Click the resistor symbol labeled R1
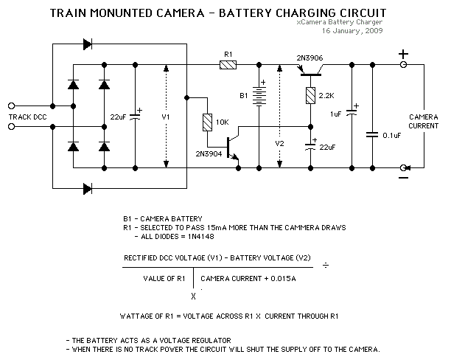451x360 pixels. point(228,65)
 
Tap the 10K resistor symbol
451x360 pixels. point(207,121)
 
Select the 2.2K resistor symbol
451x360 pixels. point(310,94)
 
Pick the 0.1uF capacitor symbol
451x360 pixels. point(374,134)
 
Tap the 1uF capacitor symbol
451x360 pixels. point(352,111)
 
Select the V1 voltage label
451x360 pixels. point(166,117)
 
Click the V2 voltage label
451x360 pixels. point(279,142)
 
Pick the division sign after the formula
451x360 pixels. point(346,265)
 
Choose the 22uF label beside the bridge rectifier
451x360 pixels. point(117,117)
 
